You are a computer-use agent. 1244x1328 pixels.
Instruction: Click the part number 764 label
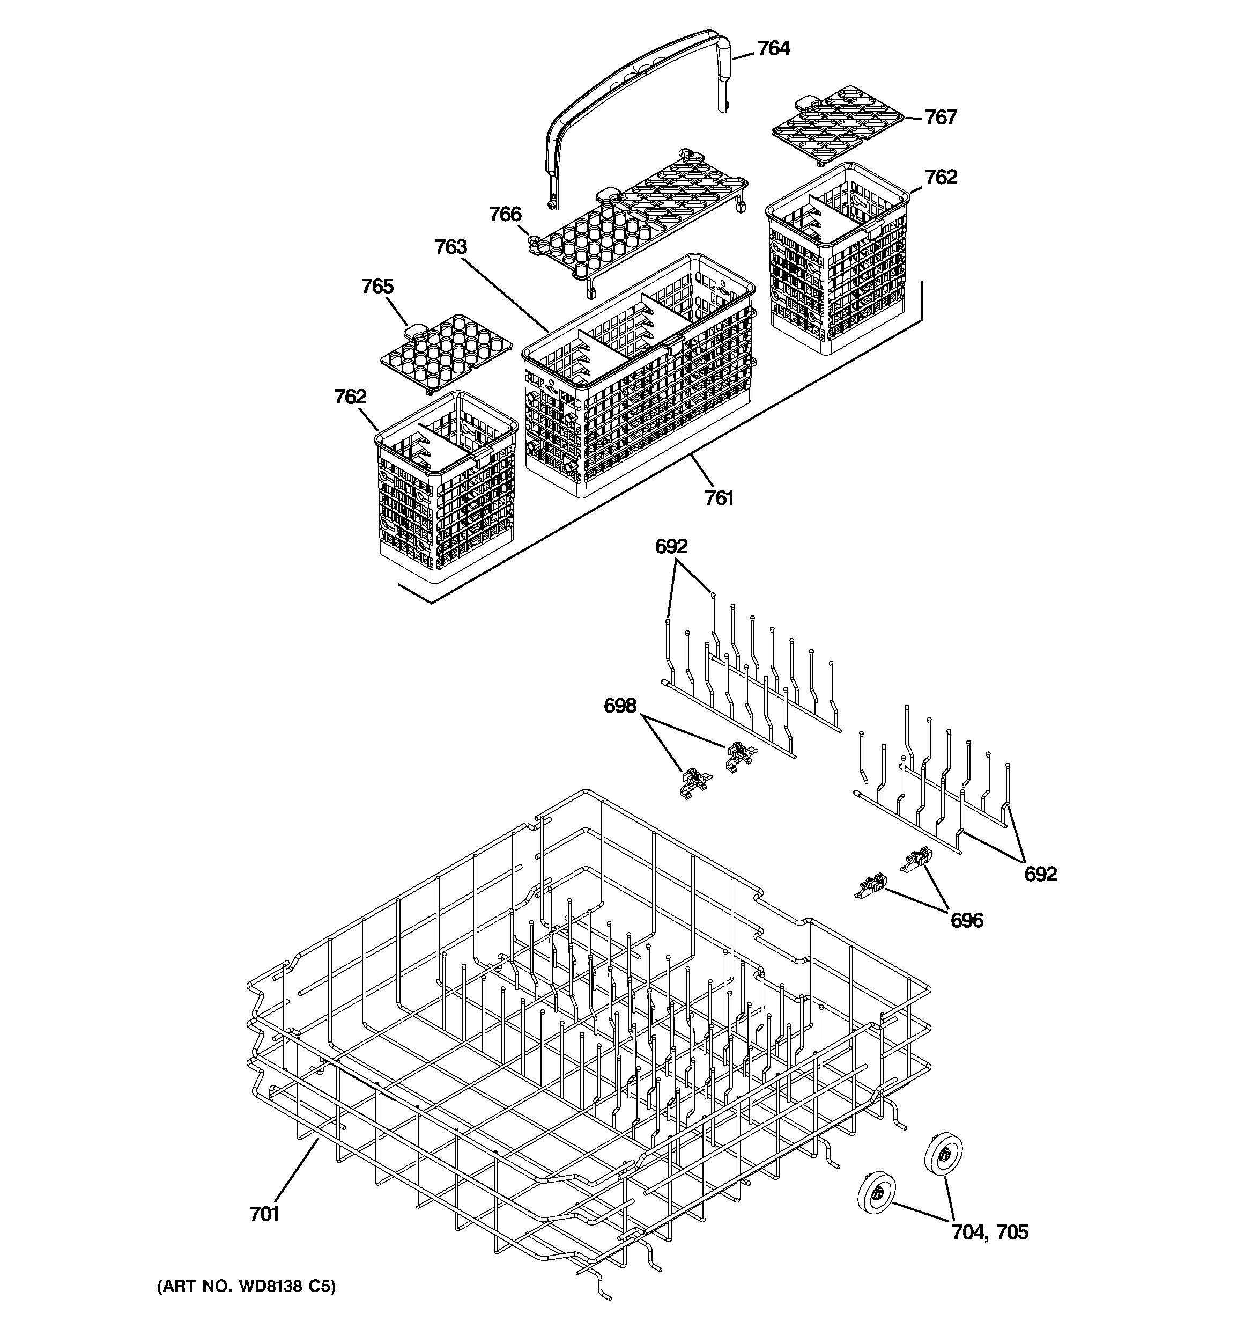(773, 48)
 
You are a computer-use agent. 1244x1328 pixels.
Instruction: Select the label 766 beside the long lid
(505, 215)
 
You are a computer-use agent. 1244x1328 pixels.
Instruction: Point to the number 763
(451, 247)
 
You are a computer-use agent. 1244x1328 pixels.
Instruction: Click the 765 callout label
(377, 287)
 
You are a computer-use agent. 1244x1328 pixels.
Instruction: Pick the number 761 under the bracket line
(719, 498)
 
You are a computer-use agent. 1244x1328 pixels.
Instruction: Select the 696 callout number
(966, 921)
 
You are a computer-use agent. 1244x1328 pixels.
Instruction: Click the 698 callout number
(620, 706)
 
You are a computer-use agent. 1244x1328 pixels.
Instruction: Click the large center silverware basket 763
(638, 381)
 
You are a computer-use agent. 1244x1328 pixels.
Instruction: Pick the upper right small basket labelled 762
(838, 261)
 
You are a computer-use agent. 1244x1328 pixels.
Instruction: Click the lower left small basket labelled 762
(446, 488)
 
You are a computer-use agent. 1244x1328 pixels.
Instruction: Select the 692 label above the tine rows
(671, 546)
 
